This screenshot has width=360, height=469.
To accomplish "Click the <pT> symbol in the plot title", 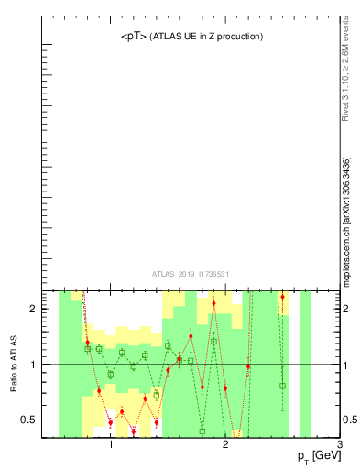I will (133, 37).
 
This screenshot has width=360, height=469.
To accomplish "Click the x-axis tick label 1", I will (111, 444).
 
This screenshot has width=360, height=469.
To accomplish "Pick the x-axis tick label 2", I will (225, 444).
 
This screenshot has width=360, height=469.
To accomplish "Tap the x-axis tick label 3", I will (340, 444).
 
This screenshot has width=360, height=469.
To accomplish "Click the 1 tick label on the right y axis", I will (346, 365).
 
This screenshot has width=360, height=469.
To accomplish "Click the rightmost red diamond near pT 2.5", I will (282, 297).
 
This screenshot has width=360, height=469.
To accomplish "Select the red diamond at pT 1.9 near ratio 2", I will (213, 303).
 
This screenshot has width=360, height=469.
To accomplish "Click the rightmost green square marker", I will (282, 386).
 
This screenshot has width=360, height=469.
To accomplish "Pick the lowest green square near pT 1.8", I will (202, 431).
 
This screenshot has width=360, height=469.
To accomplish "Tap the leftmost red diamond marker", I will (87, 342).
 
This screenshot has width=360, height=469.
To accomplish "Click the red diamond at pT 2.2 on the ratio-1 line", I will (248, 366).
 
